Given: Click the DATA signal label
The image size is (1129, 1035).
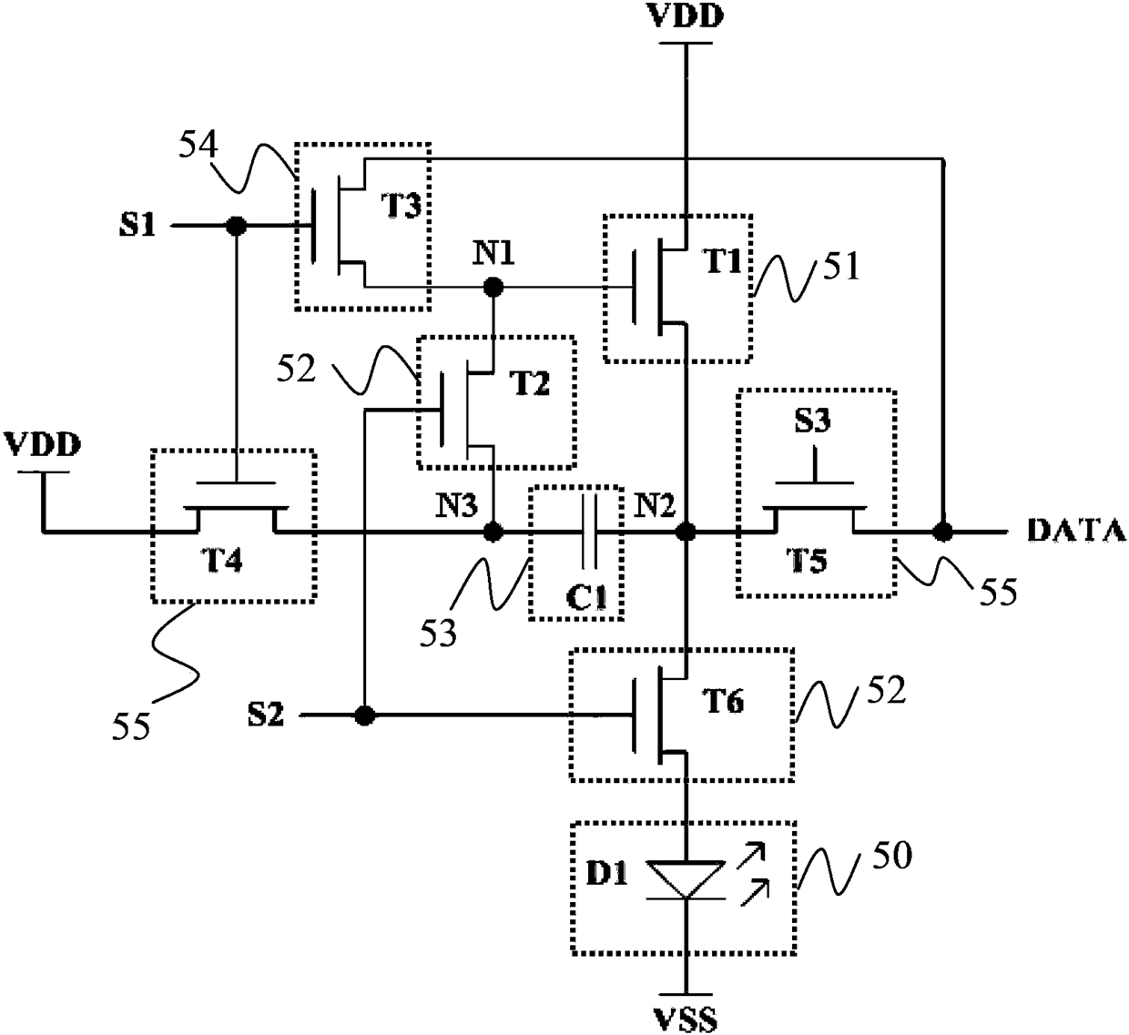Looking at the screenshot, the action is point(1076,530).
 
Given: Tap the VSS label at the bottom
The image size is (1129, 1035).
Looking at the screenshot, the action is point(685,1020).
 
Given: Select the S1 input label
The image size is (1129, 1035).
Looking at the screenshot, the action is point(137,226).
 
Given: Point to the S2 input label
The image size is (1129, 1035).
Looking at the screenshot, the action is point(266,715).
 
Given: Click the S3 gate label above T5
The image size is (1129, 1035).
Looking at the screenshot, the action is point(813,421).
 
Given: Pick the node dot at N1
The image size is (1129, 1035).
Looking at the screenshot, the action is point(493,288).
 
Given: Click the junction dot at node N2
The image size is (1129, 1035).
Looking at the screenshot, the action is point(686,532).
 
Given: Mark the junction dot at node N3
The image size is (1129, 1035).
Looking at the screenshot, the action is point(493,532).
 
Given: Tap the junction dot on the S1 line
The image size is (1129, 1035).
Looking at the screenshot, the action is point(236,227).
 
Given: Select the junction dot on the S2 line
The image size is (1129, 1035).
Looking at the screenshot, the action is point(365,715).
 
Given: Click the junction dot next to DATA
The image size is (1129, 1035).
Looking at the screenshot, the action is point(943,532).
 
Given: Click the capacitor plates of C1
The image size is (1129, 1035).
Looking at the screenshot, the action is point(589,532).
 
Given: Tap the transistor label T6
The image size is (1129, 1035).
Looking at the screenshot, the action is point(723,701).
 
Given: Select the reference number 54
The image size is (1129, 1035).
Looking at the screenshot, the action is point(198,145).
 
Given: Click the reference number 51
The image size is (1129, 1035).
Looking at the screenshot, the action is point(841,266).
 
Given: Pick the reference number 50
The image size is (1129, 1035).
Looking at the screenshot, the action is point(892,855).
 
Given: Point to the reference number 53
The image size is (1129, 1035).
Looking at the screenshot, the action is point(438,633).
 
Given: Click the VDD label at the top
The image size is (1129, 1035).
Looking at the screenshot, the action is point(686,16).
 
